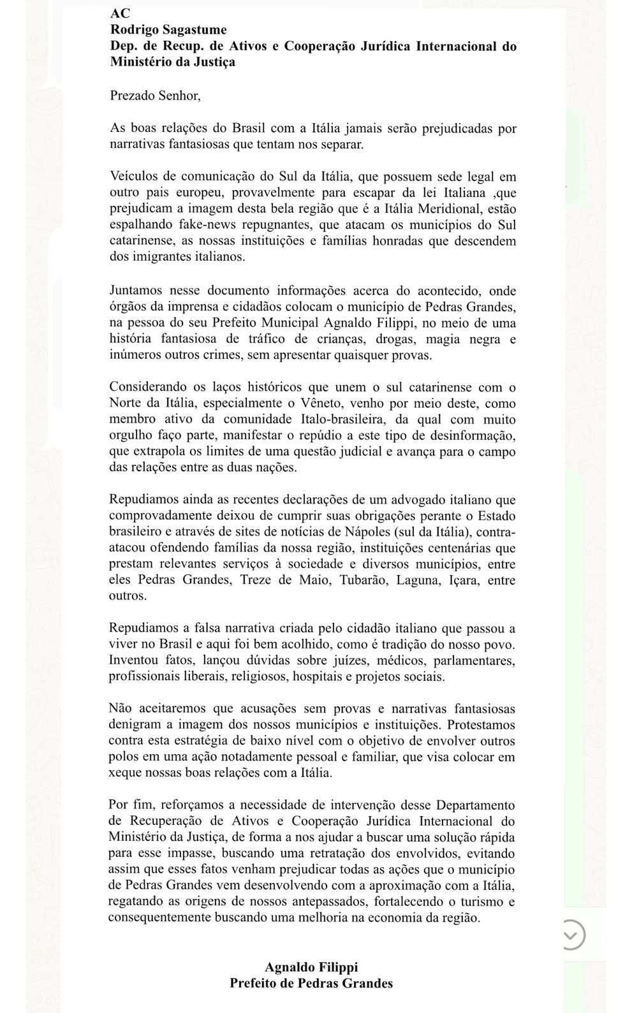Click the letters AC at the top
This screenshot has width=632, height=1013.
point(120,13)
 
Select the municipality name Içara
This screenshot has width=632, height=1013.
point(468,580)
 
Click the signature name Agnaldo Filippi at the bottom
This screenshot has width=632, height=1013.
point(311,967)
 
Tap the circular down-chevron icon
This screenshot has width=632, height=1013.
point(570,935)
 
